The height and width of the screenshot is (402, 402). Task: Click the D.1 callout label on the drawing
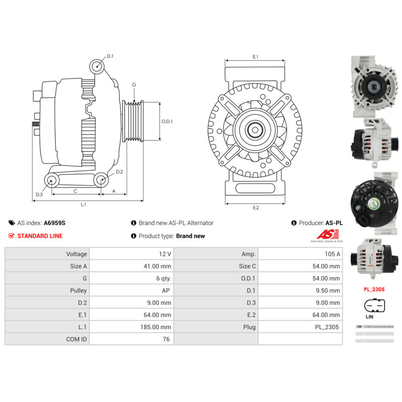pos(110,56)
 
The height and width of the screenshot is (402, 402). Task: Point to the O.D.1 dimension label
pos(167,121)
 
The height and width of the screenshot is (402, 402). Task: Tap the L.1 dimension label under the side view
pos(83,205)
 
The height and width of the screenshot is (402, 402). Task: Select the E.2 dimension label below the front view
pos(256,207)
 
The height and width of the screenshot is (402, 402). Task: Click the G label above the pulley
pos(134,85)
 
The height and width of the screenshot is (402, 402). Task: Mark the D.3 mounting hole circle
pos(51,180)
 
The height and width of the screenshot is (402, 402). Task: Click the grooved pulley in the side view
pos(133,121)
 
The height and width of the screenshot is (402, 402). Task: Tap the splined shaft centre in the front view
pos(255,130)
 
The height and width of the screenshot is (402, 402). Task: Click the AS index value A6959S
pos(54,223)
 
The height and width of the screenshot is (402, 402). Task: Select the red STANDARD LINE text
pos(40,236)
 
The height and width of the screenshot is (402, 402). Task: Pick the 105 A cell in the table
pos(332,254)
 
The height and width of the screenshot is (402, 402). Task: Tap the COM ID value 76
pos(166,339)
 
